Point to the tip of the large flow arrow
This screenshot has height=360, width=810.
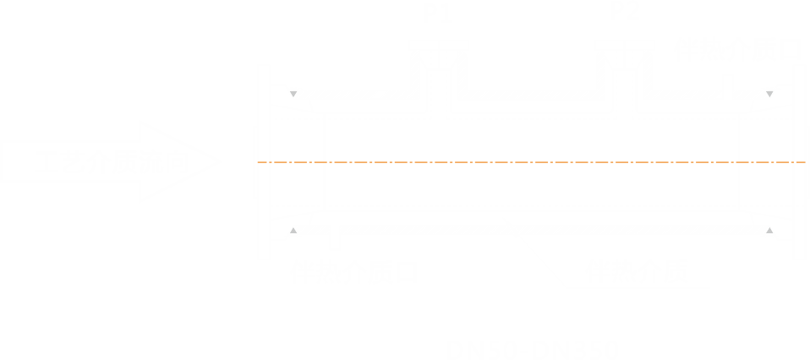tap(220, 161)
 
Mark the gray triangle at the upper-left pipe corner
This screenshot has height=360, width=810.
tap(293, 95)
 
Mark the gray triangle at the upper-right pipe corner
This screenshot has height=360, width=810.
tap(769, 95)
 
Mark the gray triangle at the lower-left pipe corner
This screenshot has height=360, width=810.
tap(293, 229)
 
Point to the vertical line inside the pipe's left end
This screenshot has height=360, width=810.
tap(324, 161)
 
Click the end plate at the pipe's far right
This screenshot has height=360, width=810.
tap(798, 161)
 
